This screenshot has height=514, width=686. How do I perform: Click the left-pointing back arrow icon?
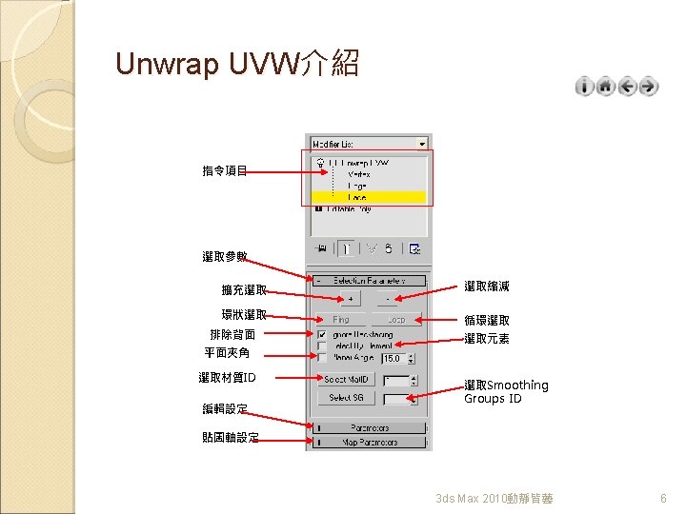click(x=627, y=87)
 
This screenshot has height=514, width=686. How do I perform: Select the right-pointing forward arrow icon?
click(x=648, y=87)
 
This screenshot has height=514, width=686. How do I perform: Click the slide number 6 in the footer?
click(x=663, y=499)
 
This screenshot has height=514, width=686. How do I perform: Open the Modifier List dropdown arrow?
click(x=422, y=144)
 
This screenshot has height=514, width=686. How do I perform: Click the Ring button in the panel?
click(x=342, y=320)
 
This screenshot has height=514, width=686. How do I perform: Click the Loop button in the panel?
click(x=395, y=320)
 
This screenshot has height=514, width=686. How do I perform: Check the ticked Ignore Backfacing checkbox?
click(x=323, y=334)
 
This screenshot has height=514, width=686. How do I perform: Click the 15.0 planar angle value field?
click(x=395, y=359)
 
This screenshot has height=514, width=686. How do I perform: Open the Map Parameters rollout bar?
click(x=369, y=443)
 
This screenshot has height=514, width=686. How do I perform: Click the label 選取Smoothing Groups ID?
click(x=505, y=391)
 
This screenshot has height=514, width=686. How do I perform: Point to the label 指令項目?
click(x=225, y=171)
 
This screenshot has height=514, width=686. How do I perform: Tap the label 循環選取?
click(x=486, y=321)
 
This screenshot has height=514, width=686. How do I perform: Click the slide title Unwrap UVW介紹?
click(x=236, y=64)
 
